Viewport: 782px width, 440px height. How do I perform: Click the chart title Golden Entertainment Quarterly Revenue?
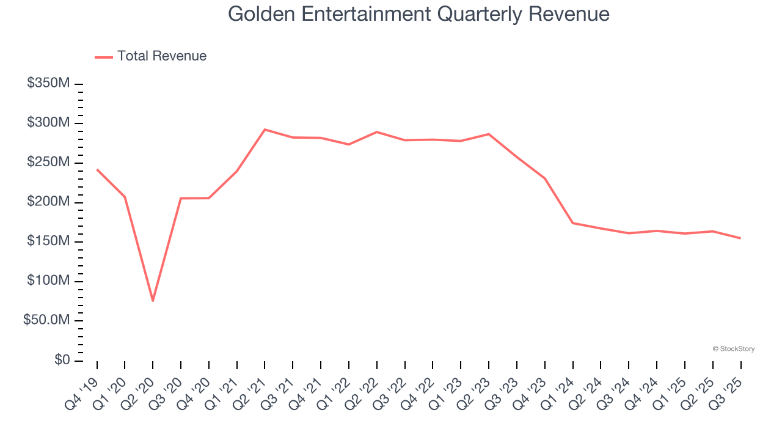pos(418,14)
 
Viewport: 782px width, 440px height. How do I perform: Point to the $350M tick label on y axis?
pos(48,83)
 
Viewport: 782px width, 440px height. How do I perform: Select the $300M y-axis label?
pos(48,123)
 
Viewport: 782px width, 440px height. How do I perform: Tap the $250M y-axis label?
pos(48,163)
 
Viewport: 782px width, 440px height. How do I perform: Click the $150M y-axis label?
pos(48,241)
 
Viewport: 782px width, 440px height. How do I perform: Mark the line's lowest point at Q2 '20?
pos(153,301)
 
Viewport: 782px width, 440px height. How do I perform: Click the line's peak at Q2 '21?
pos(265,130)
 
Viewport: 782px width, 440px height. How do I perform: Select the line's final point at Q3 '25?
pos(740,238)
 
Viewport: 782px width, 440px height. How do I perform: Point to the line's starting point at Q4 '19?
pos(97,169)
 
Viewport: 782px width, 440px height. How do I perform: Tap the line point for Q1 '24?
pos(572,223)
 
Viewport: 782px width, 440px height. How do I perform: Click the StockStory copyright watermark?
pos(733,349)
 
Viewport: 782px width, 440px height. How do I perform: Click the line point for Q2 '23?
pos(489,134)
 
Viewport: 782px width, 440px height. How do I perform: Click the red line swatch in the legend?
pos(104,57)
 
